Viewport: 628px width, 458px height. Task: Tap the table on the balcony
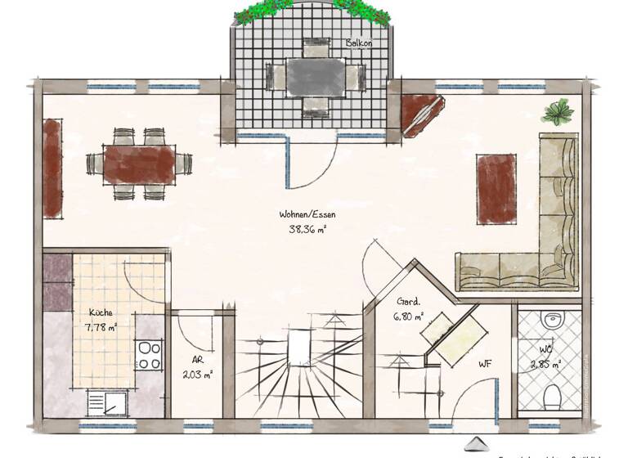pyautogui.click(x=315, y=78)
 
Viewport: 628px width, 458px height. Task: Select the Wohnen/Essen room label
pyautogui.click(x=307, y=215)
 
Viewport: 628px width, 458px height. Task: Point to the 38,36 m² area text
pyautogui.click(x=307, y=230)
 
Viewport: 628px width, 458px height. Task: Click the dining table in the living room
pyautogui.click(x=139, y=164)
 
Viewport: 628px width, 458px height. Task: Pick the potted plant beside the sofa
pyautogui.click(x=558, y=112)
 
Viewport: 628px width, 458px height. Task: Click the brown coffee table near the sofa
pyautogui.click(x=496, y=188)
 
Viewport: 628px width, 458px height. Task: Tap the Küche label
pyautogui.click(x=101, y=312)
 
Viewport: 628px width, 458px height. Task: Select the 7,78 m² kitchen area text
pyautogui.click(x=101, y=327)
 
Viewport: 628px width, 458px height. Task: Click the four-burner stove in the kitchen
pyautogui.click(x=150, y=355)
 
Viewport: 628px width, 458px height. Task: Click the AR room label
pyautogui.click(x=197, y=360)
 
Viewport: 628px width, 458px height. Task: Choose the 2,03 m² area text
pyautogui.click(x=197, y=375)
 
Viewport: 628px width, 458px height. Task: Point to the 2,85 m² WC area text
pyautogui.click(x=546, y=365)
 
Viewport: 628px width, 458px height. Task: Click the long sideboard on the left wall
pyautogui.click(x=53, y=168)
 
